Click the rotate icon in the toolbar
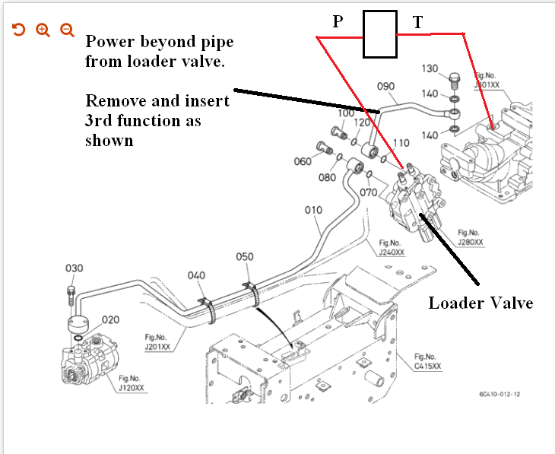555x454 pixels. click(x=19, y=30)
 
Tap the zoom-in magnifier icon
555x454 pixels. click(x=43, y=30)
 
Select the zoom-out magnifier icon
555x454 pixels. click(x=67, y=30)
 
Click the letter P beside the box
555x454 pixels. click(x=338, y=22)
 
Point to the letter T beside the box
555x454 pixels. click(x=417, y=23)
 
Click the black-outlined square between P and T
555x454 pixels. click(x=380, y=35)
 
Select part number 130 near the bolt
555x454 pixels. click(x=430, y=69)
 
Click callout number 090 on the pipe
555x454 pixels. click(x=386, y=86)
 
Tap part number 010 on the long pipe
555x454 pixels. click(x=313, y=209)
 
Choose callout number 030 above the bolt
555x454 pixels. click(x=74, y=268)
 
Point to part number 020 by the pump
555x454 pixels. click(x=111, y=319)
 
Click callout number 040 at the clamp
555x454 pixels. click(x=197, y=275)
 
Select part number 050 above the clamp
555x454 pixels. click(x=244, y=257)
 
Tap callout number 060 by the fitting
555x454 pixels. click(x=303, y=161)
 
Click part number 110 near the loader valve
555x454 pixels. click(x=401, y=143)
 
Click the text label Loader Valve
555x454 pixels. click(x=480, y=303)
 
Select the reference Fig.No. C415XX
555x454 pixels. click(x=427, y=360)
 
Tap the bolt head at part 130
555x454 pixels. click(x=455, y=78)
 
